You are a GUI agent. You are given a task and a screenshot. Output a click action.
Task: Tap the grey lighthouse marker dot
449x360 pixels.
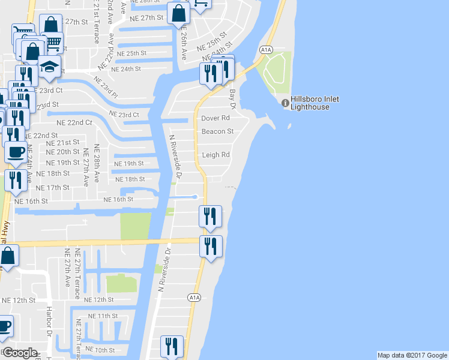point(286,103)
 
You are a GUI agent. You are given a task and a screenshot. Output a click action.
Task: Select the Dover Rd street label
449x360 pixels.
point(215,118)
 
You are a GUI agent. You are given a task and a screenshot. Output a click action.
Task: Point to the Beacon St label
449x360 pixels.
point(217,131)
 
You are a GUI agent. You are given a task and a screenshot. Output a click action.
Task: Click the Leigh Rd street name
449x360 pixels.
point(215,155)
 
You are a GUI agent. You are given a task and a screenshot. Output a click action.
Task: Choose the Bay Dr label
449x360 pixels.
point(233,98)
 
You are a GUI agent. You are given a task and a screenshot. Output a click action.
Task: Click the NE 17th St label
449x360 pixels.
point(53,188)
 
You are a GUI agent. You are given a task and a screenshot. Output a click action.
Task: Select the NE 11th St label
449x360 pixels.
point(103,316)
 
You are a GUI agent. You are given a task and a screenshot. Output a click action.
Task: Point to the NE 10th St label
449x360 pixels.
point(99,350)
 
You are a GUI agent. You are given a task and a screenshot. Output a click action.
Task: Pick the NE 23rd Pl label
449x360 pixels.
point(106,89)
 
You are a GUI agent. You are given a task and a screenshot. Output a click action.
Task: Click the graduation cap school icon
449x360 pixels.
point(50,67)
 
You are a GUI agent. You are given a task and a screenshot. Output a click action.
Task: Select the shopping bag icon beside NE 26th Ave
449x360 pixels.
point(179,12)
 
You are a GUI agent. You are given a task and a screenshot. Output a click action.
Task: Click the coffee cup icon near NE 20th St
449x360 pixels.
point(16,151)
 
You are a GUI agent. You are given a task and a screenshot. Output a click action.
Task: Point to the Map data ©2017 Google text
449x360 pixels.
point(412,355)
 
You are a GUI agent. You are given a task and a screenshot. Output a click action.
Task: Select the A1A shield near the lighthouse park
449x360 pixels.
point(266,49)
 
